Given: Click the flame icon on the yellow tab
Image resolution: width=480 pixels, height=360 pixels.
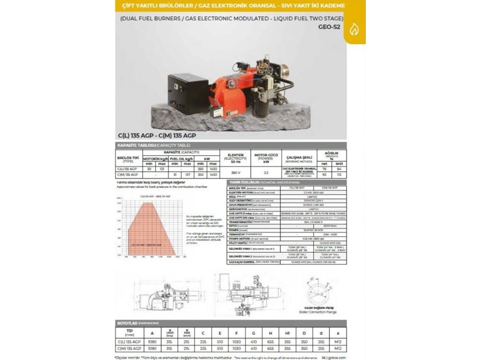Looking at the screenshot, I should point(354,30).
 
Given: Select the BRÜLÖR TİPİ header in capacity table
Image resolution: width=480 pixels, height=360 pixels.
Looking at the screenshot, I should point(127,158).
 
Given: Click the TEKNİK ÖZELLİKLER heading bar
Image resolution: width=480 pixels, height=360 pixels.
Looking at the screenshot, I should point(286,182).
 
